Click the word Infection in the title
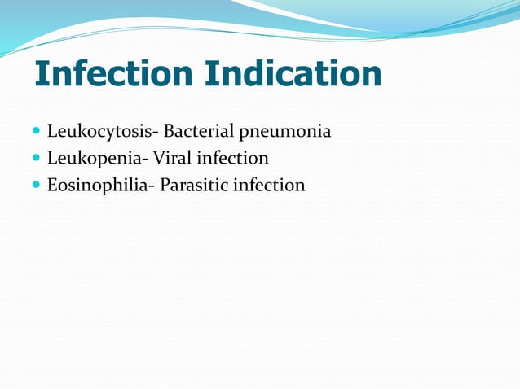[x=113, y=75]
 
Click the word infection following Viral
[x=238, y=158]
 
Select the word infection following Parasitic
[x=270, y=186]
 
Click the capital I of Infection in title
[x=41, y=75]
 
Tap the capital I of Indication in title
[x=211, y=75]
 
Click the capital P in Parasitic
[x=165, y=186]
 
